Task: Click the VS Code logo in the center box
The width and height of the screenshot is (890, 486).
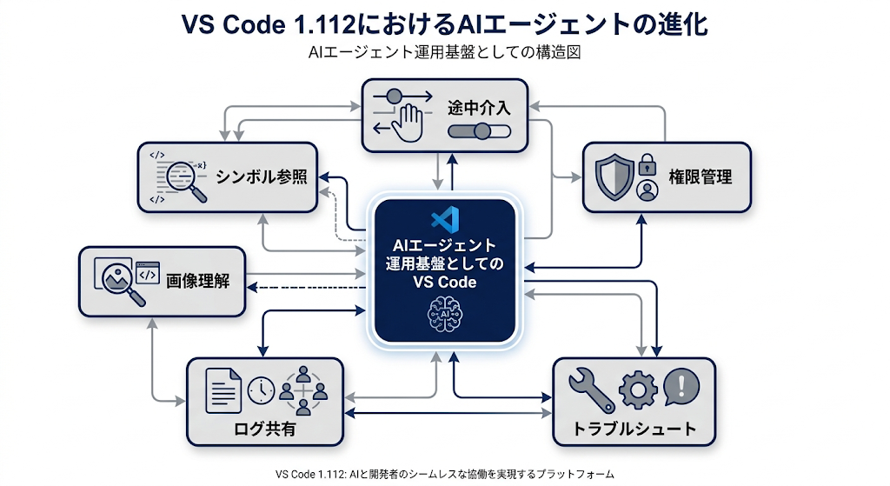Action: point(444,219)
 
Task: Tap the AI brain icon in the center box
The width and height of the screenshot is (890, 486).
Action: point(444,311)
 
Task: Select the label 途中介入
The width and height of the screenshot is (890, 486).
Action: point(480,110)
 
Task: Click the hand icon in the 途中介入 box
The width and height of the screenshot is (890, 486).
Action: point(405,122)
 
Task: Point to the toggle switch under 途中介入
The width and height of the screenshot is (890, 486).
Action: point(479,132)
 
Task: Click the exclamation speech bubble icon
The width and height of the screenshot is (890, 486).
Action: point(681,387)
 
